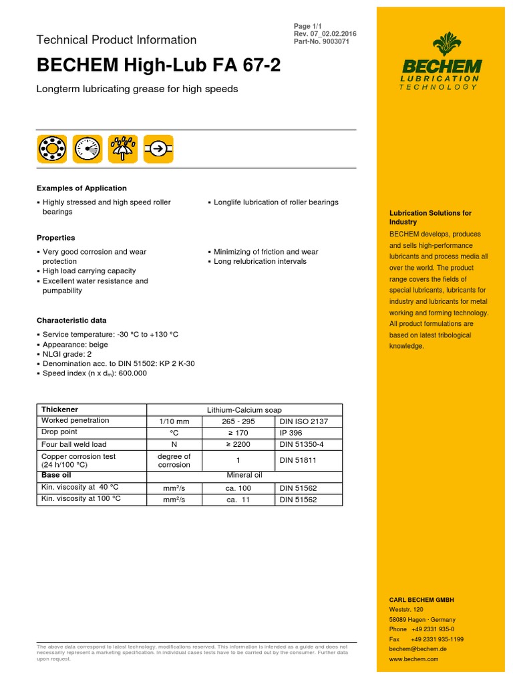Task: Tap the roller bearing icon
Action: point(51,148)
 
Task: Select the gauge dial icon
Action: point(88,148)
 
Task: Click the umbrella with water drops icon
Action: point(124,148)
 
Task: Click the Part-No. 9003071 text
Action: point(321,42)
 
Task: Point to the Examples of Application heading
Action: point(81,188)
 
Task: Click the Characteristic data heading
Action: point(71,321)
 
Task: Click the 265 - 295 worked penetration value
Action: point(242,421)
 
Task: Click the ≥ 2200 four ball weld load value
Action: point(242,444)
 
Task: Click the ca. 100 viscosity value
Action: point(242,488)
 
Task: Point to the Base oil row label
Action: point(56,476)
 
